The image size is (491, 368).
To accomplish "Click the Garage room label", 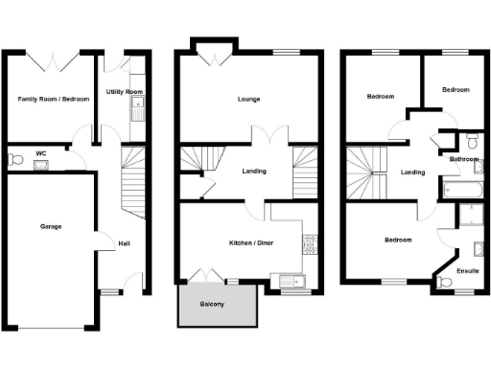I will (51, 227).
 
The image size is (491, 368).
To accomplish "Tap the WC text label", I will (41, 152).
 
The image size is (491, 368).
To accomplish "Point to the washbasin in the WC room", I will (41, 165).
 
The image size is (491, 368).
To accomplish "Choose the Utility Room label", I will (125, 92).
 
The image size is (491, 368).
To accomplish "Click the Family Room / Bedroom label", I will (51, 99).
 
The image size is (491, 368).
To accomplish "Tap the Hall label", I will (124, 243).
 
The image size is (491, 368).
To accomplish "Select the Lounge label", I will (250, 98).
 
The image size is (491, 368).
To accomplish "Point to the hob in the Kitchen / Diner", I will (309, 243).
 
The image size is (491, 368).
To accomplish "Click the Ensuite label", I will (468, 271).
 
